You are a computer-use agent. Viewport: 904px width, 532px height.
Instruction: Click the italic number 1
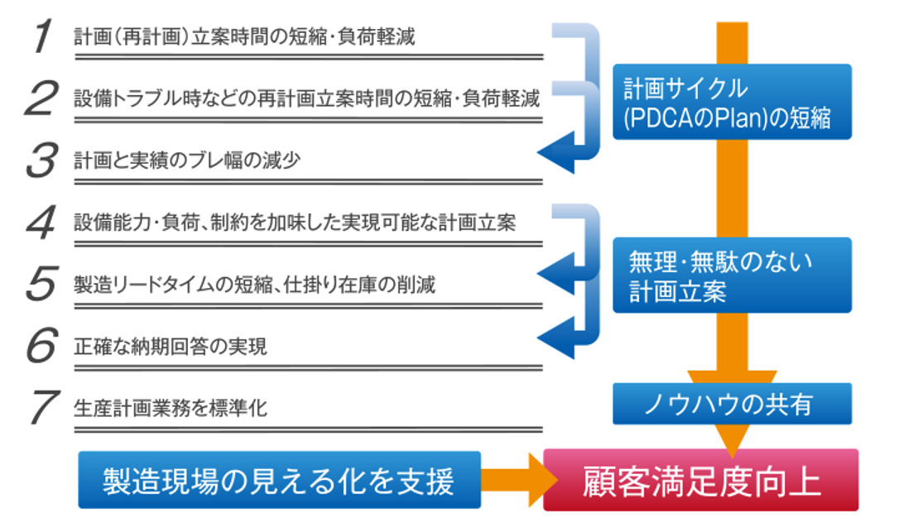click(x=43, y=36)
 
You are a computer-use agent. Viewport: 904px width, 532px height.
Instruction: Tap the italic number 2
click(x=41, y=98)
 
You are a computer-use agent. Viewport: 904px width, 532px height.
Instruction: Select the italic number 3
click(x=42, y=160)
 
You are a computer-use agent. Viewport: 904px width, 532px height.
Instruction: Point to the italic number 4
click(x=41, y=222)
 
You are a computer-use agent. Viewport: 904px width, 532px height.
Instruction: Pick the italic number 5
click(x=42, y=284)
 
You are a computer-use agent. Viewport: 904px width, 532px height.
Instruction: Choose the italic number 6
click(x=42, y=345)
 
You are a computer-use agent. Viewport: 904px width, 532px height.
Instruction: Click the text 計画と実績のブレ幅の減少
click(x=187, y=161)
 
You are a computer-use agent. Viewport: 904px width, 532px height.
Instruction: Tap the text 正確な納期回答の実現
click(x=170, y=347)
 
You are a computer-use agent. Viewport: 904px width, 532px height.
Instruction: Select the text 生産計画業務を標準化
click(x=170, y=409)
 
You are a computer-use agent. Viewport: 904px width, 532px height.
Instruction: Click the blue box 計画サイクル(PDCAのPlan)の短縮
click(x=732, y=102)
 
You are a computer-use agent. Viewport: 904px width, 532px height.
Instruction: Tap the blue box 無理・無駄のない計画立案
click(x=732, y=276)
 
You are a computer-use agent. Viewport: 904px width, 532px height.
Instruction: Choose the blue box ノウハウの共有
click(x=732, y=404)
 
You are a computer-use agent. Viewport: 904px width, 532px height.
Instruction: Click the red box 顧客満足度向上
click(x=701, y=480)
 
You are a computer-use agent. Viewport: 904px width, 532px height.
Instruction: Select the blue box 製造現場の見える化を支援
click(x=280, y=480)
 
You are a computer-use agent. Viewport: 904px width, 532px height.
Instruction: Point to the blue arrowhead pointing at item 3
click(x=557, y=152)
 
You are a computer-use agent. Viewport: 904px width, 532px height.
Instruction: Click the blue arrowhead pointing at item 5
click(x=557, y=274)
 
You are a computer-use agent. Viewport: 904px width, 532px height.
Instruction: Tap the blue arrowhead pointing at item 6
click(x=557, y=338)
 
